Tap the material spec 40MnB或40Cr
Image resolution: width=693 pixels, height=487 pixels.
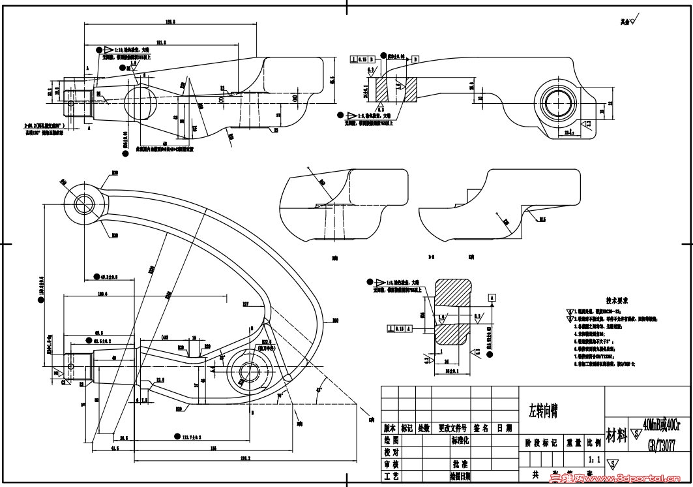(x=660, y=424)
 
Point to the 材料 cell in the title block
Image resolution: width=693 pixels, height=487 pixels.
(x=616, y=433)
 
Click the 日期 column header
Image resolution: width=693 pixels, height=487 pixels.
(x=504, y=429)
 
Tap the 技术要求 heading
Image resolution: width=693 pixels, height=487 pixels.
(x=616, y=301)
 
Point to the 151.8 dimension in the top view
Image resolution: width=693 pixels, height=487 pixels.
(x=160, y=42)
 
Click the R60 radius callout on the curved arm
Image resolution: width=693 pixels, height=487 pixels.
(x=336, y=320)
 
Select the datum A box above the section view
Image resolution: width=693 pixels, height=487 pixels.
(x=490, y=296)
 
